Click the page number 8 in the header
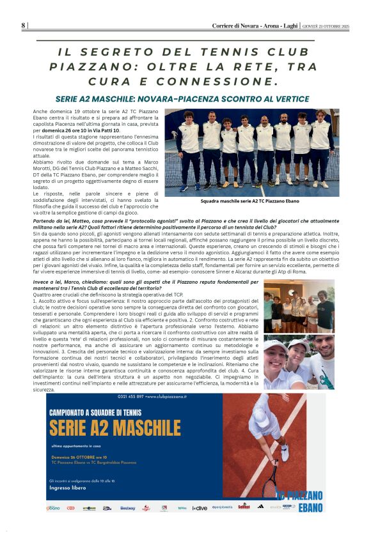coord(23,26)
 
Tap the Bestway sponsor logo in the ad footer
coord(127,508)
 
